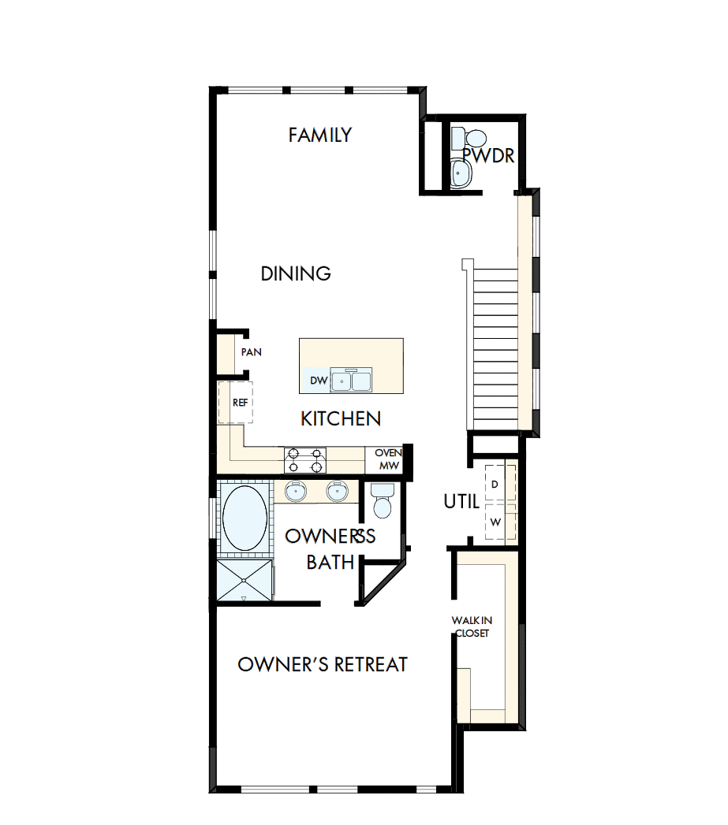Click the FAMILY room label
[x=319, y=135]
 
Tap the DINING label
[x=296, y=273]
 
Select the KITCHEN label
[x=341, y=418]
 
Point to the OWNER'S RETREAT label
[x=323, y=664]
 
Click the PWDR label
[x=489, y=156]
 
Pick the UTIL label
[x=461, y=501]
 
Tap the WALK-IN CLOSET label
[x=471, y=626]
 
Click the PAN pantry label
[x=251, y=352]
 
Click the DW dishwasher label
[x=318, y=381]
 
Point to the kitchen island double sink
[x=352, y=381]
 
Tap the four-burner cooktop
[x=305, y=459]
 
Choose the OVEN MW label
[x=387, y=459]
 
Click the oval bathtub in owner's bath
[x=245, y=518]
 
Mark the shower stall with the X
[x=244, y=582]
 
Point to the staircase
[x=495, y=347]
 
